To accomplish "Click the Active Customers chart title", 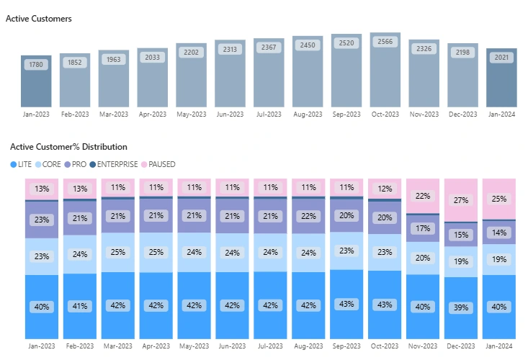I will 39,19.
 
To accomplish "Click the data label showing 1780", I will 36,65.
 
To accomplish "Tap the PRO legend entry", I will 76,164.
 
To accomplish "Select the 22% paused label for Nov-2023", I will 424,196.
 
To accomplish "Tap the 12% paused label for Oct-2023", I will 385,189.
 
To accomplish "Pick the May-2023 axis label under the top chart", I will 191,114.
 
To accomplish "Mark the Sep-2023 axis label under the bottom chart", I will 346,346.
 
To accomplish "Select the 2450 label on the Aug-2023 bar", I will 308,45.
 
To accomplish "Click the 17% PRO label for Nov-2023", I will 424,229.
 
